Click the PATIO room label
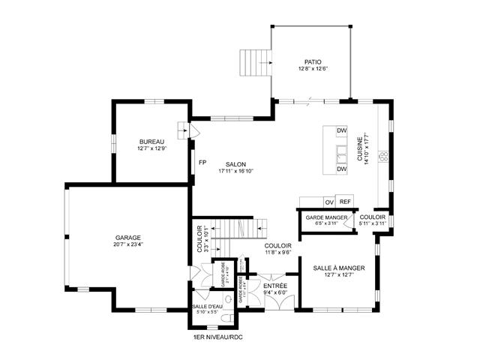click(x=312, y=62)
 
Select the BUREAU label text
click(x=151, y=142)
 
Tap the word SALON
click(x=236, y=164)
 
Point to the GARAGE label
click(x=128, y=237)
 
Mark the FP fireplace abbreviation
click(x=202, y=162)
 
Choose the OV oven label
click(x=328, y=202)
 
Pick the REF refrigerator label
click(x=345, y=202)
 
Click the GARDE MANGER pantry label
click(x=326, y=217)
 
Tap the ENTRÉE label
click(x=270, y=286)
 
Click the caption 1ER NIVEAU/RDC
click(x=217, y=337)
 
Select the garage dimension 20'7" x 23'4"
click(x=128, y=244)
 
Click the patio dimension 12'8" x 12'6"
click(x=312, y=69)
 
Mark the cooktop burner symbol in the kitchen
click(x=382, y=157)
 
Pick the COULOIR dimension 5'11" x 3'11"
click(x=373, y=223)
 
